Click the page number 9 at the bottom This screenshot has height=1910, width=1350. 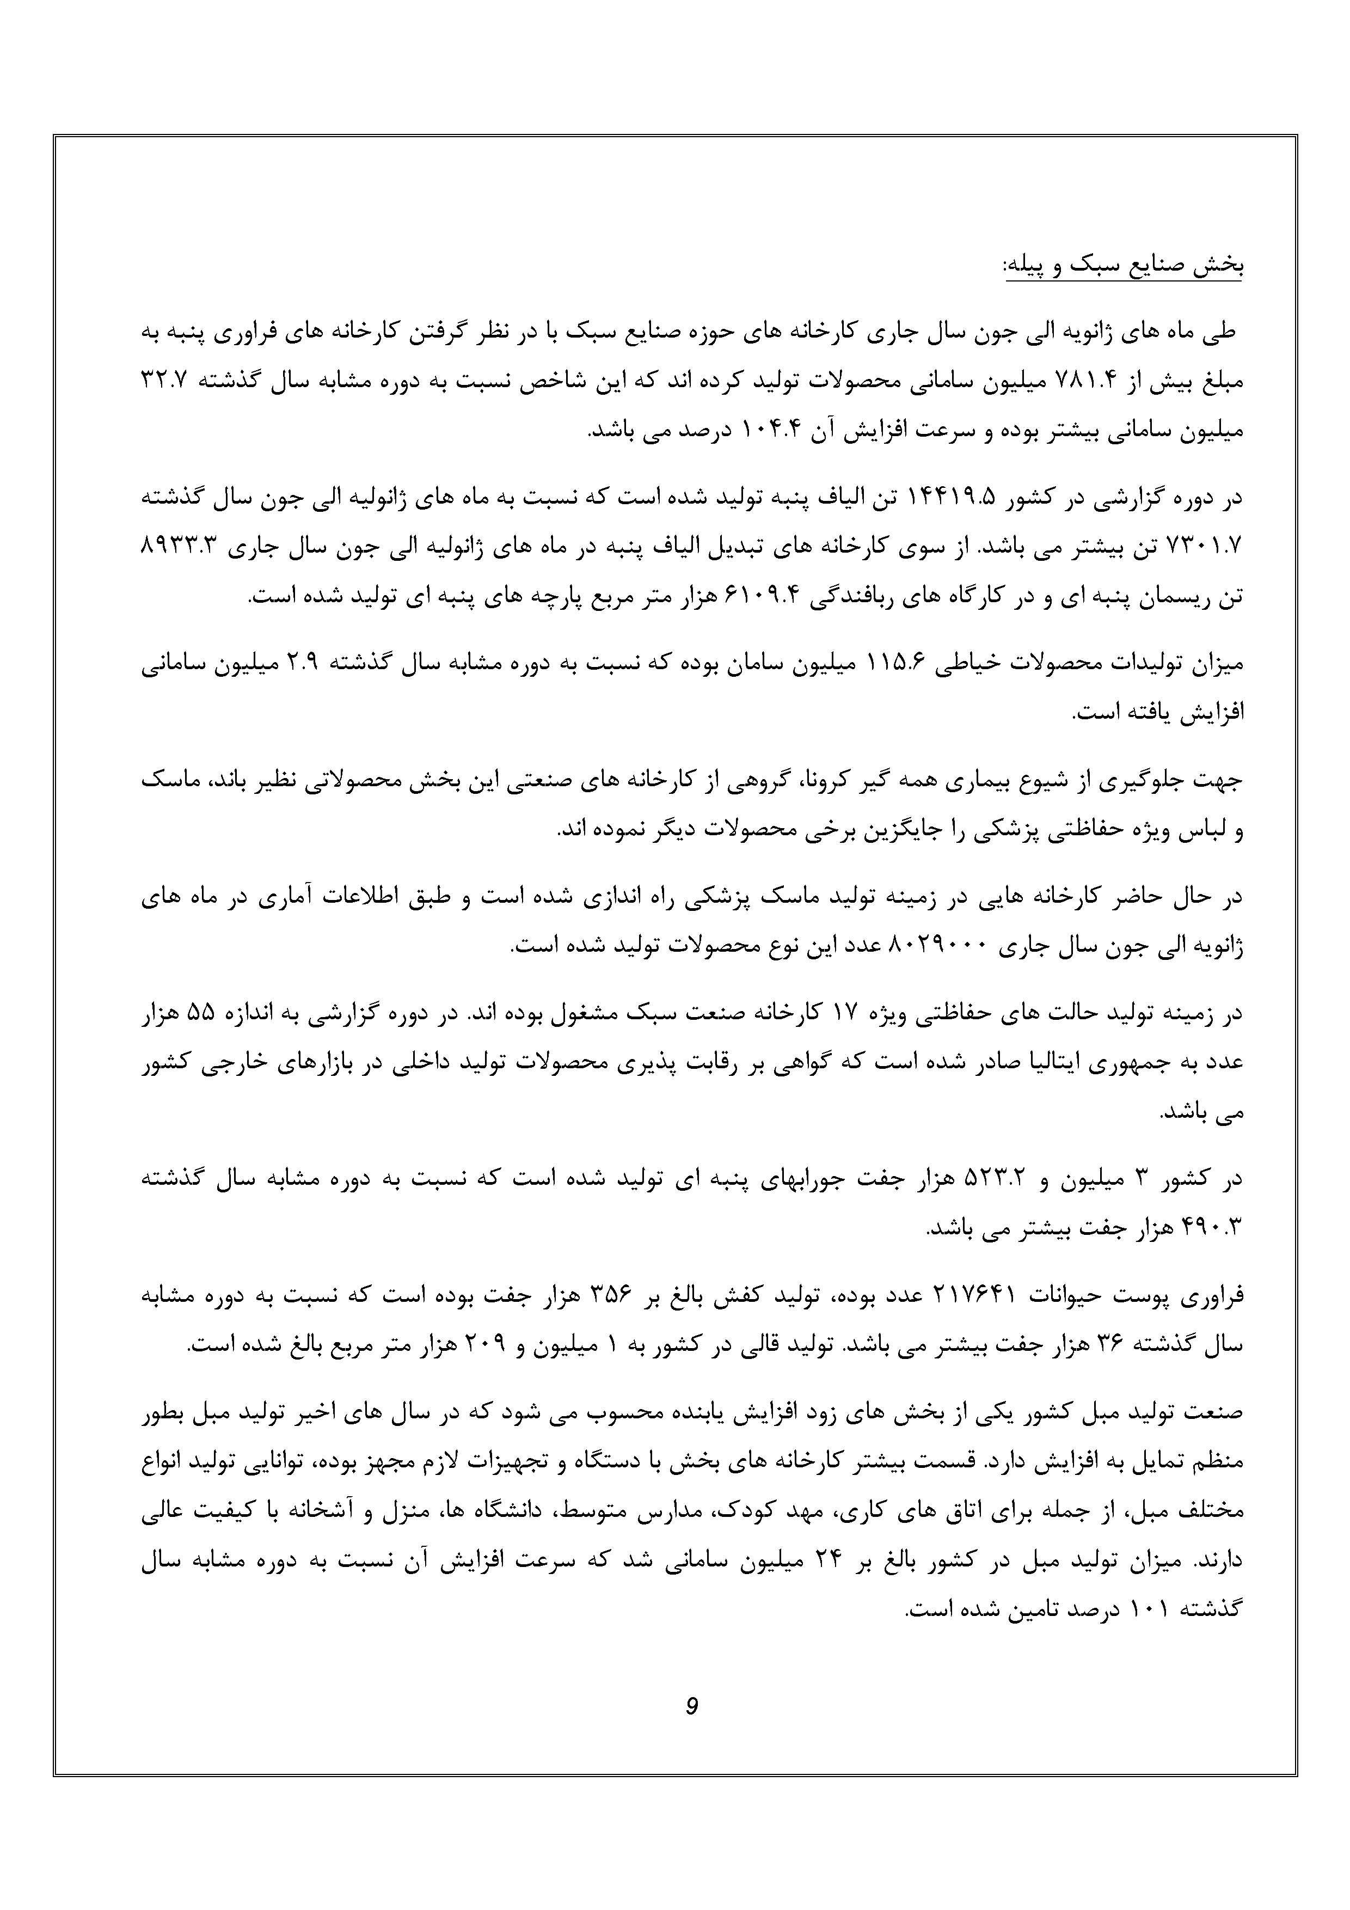(x=691, y=1706)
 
